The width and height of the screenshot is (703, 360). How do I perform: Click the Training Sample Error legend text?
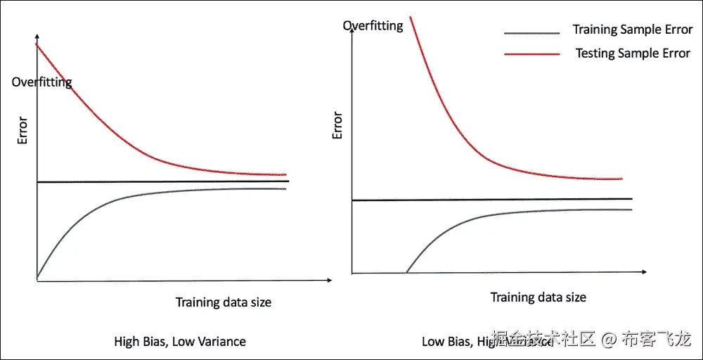(632, 30)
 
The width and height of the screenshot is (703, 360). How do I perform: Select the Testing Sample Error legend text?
(633, 53)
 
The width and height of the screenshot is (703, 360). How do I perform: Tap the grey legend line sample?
(531, 32)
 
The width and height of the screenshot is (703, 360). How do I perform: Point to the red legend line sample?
(531, 54)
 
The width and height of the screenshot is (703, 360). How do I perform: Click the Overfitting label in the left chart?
(42, 82)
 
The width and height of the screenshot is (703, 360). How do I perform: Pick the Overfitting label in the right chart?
(373, 26)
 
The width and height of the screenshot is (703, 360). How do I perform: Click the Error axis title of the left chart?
(22, 129)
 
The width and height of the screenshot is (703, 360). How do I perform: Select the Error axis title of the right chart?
(337, 124)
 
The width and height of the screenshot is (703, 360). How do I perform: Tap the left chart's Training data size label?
(223, 302)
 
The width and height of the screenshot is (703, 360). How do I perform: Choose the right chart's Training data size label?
(538, 297)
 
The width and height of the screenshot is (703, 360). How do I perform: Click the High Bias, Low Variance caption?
(180, 342)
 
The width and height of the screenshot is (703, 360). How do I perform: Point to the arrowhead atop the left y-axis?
(37, 37)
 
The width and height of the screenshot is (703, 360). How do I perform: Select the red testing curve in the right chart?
(464, 140)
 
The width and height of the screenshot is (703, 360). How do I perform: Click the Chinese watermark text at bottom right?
(590, 340)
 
